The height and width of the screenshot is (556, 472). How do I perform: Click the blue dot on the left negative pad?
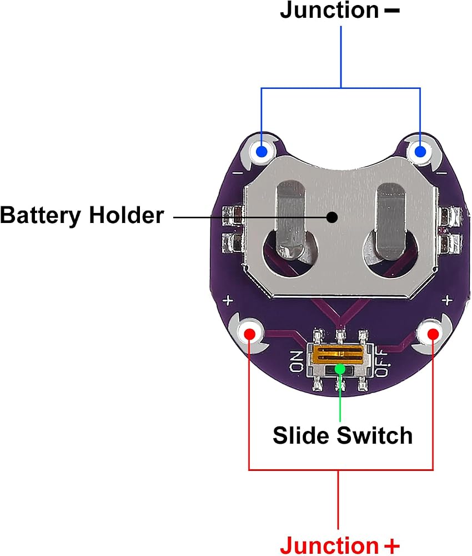coord(262,152)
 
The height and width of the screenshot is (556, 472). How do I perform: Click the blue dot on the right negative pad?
coord(420,152)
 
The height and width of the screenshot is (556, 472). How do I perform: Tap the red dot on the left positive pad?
coord(250,334)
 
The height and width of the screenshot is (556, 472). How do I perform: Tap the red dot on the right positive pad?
coord(433,334)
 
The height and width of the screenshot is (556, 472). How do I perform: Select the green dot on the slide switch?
coord(340,369)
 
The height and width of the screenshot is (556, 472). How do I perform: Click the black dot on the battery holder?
coord(332,217)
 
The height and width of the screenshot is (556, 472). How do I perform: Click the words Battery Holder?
coord(82,215)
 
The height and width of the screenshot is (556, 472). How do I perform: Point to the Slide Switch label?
coord(343,435)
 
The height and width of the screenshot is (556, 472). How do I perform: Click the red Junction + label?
coord(340,545)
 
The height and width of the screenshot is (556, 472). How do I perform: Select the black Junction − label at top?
coord(340,10)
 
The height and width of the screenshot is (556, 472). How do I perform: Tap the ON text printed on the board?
coord(296,361)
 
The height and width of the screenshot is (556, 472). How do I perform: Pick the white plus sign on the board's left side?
coord(228,301)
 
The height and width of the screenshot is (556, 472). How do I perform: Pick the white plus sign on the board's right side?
coord(447,300)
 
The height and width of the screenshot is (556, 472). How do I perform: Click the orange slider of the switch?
coord(339,355)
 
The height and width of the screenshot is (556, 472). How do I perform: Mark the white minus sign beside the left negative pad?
coord(238,173)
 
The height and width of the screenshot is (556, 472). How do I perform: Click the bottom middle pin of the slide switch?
coord(340,384)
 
